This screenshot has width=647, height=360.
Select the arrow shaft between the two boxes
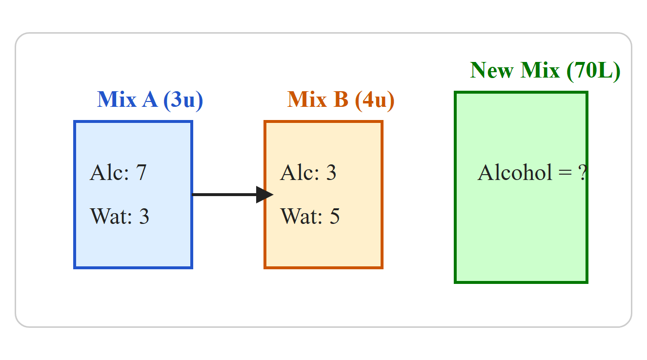pos(224,195)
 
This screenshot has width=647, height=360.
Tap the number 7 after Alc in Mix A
pos(141,173)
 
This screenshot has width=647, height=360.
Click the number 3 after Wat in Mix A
pos(144,216)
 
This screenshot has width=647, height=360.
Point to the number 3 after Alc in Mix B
pos(331,173)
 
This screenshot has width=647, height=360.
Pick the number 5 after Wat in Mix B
pos(335,216)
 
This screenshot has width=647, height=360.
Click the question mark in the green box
pos(582,173)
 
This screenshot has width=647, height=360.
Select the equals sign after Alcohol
pos(565,173)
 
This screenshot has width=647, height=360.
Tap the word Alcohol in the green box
pos(515,172)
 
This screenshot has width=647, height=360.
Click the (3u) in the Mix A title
pos(183,100)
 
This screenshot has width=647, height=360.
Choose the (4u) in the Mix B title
pos(375,100)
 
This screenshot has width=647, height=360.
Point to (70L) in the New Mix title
pos(593,70)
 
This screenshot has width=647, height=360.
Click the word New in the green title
pos(492,70)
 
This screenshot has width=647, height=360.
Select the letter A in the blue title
pos(150,100)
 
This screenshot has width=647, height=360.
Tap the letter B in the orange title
pos(341,100)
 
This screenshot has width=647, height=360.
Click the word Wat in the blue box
pos(111,216)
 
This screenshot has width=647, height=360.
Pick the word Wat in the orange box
pos(302,216)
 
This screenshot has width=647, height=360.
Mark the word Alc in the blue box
pos(109,172)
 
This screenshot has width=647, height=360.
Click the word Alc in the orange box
pos(300,172)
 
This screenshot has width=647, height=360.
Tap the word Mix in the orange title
pos(307,100)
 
